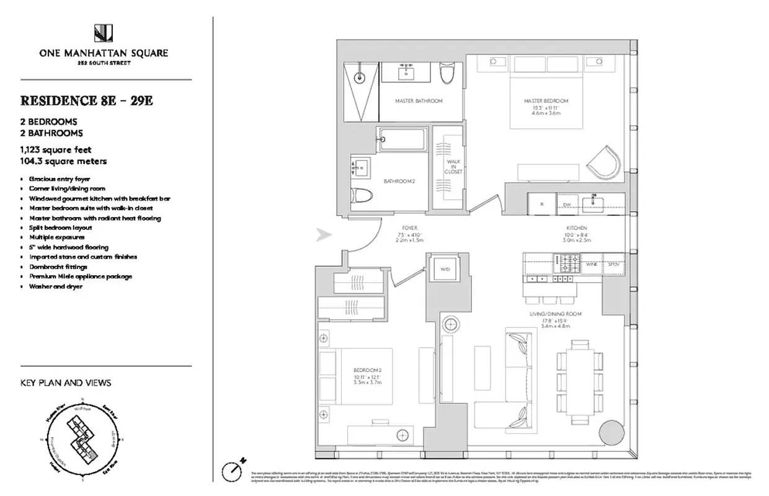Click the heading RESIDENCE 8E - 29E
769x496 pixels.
click(x=86, y=100)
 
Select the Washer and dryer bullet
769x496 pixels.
click(x=55, y=286)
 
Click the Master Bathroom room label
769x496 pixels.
click(x=419, y=101)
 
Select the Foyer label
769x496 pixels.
click(x=408, y=228)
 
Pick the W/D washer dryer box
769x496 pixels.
click(x=444, y=270)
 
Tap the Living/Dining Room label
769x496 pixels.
click(x=555, y=314)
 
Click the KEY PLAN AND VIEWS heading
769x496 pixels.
click(x=66, y=383)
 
